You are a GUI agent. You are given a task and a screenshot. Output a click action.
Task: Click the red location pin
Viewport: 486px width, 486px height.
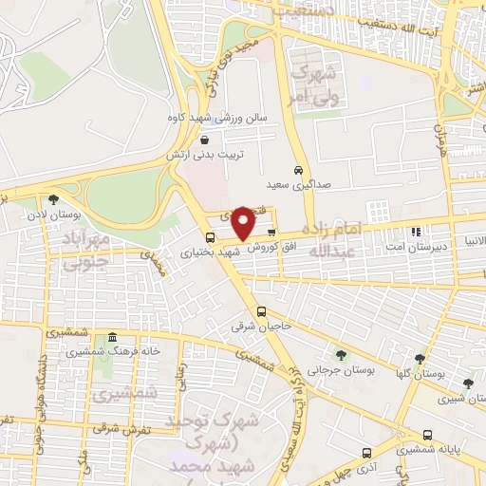click(244, 223)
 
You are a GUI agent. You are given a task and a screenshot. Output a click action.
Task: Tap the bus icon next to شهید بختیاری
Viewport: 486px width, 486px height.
click(210, 237)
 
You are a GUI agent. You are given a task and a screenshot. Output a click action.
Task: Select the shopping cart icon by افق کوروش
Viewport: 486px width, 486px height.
click(271, 232)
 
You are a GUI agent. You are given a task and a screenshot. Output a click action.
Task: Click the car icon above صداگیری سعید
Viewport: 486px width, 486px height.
click(298, 170)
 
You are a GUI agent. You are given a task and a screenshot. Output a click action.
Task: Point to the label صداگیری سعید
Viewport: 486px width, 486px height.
click(298, 185)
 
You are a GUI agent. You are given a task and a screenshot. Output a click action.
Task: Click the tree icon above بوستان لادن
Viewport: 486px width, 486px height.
click(52, 199)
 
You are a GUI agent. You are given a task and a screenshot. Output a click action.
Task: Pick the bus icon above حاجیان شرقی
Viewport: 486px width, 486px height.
click(261, 311)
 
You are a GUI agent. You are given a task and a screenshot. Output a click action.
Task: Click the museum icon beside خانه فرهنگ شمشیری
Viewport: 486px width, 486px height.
click(112, 339)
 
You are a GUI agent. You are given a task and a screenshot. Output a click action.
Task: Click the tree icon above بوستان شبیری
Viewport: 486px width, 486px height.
click(467, 383)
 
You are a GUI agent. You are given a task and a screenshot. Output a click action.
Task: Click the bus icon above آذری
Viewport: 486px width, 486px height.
click(366, 453)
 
